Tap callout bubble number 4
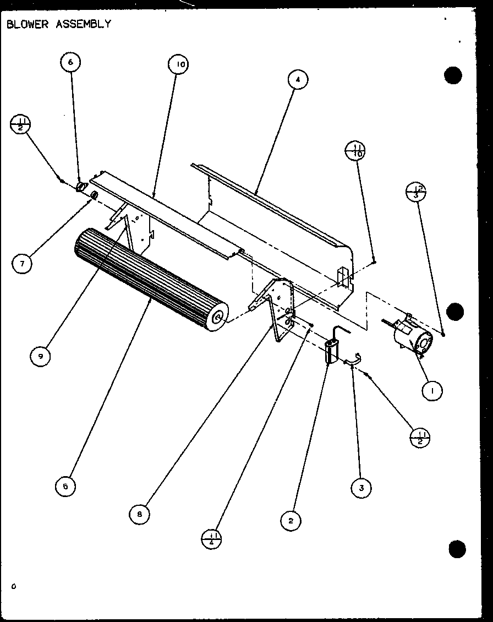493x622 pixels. (298, 80)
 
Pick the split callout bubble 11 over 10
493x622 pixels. (355, 150)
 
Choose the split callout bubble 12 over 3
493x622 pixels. (416, 192)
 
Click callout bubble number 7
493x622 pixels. (22, 264)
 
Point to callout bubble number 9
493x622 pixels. (40, 356)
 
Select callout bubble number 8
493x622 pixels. (140, 514)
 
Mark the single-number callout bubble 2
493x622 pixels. (291, 520)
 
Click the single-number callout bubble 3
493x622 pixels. (361, 488)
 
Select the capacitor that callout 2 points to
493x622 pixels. (331, 351)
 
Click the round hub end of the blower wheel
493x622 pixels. (218, 318)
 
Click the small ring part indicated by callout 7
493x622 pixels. (94, 195)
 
